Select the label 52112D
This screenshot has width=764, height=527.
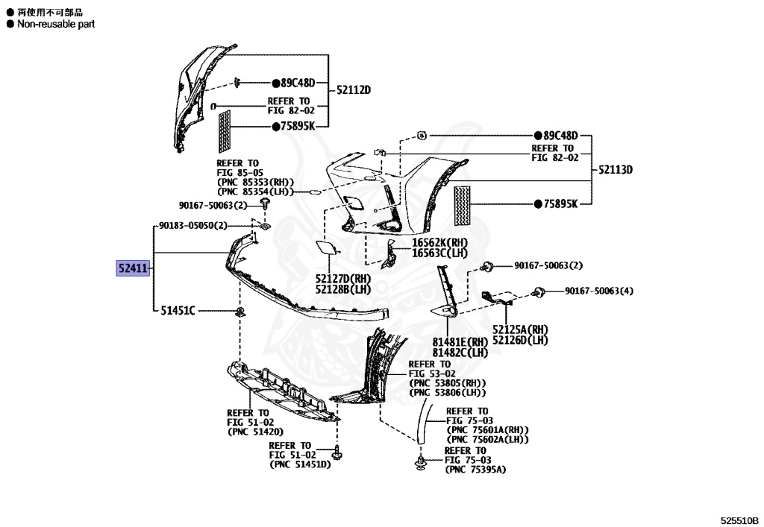353,91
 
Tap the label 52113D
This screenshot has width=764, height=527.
615,170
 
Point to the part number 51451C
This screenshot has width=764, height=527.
178,310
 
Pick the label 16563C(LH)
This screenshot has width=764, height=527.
439,253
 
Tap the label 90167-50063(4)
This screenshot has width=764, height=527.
598,291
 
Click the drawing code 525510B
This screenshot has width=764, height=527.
739,520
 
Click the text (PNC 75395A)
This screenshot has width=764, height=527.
475,470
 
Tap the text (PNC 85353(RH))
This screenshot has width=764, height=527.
255,183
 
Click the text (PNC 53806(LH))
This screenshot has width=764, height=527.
448,393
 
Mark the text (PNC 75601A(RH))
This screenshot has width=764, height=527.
487,430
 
